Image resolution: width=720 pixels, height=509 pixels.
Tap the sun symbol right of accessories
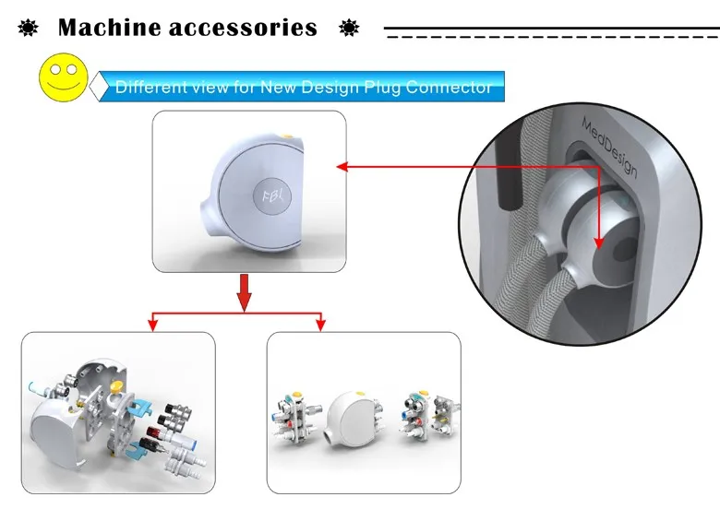coord(349,28)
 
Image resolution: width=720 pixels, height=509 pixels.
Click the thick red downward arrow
coord(244,290)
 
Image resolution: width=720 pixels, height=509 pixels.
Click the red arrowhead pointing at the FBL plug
coord(341,167)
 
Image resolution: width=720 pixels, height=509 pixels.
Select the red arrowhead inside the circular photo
coord(597,243)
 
